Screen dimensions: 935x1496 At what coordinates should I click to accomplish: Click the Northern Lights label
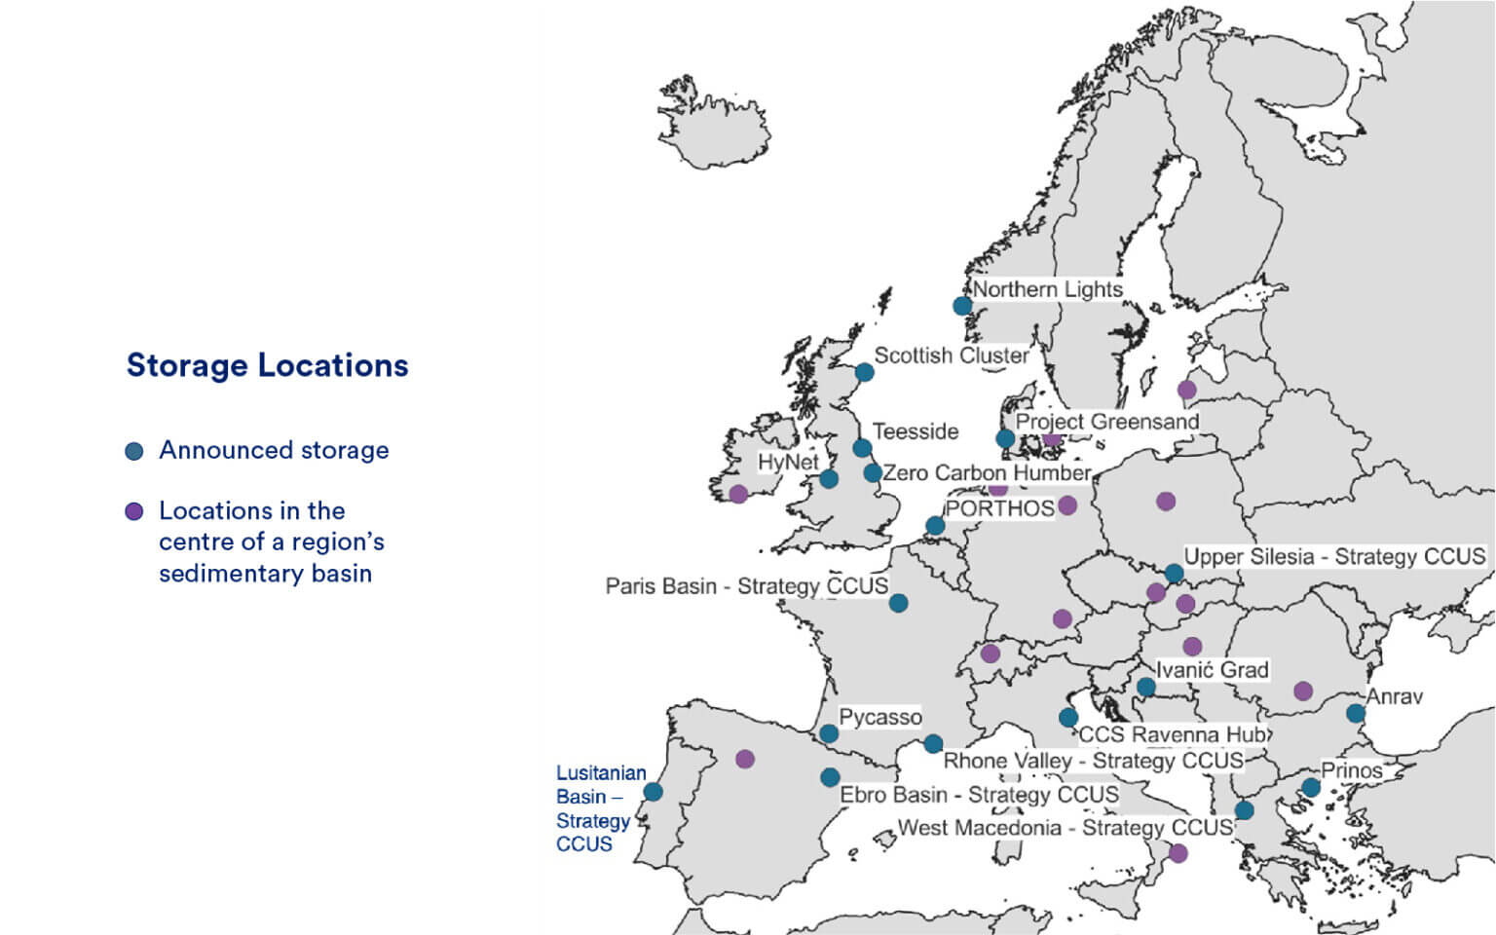[1047, 289]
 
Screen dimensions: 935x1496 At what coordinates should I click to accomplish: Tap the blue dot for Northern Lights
[962, 306]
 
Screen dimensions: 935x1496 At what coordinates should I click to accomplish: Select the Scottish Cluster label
[951, 355]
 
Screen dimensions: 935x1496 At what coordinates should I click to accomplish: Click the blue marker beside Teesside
[862, 448]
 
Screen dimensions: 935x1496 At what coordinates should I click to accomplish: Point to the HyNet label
[788, 462]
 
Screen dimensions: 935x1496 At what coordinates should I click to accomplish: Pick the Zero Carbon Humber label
[986, 473]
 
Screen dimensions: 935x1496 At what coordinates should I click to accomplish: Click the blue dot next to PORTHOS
[935, 526]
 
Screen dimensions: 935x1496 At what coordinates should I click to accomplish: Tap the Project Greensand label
[1106, 422]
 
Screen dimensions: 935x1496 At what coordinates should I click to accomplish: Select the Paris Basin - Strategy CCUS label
[746, 586]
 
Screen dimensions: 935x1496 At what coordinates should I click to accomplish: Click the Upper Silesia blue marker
[1174, 574]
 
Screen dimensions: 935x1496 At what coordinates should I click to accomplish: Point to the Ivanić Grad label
[1212, 670]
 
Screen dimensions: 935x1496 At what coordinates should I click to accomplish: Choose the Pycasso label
[879, 718]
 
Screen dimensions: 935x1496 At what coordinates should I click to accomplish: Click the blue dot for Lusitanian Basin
[654, 792]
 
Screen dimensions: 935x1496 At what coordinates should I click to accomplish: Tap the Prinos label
[1351, 770]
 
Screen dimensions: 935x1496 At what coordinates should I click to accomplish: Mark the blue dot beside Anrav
[1355, 713]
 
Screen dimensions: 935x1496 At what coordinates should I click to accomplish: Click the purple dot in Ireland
[738, 494]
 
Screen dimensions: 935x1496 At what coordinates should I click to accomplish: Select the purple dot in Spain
[745, 759]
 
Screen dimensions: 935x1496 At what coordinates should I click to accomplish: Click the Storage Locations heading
[267, 365]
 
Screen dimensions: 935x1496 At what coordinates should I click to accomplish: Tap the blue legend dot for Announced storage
[134, 451]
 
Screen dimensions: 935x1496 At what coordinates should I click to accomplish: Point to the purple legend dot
[134, 511]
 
